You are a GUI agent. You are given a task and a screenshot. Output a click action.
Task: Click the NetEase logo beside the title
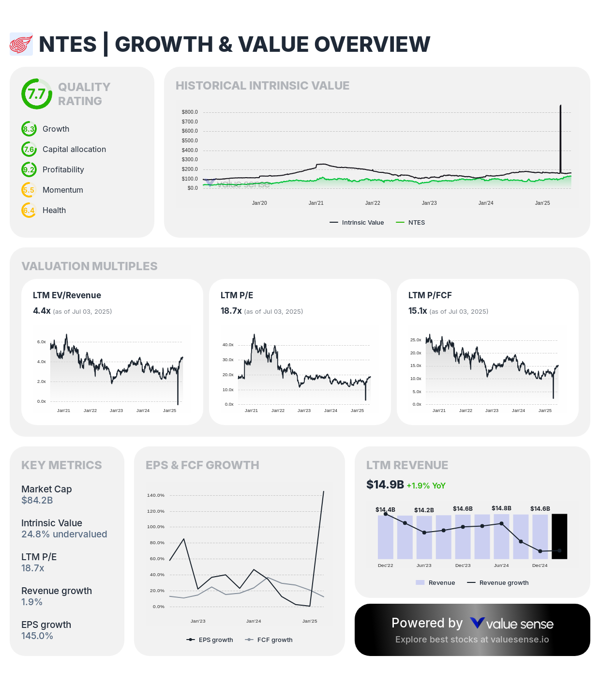(21, 45)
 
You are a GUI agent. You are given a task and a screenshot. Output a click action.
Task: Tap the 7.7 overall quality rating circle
(36, 94)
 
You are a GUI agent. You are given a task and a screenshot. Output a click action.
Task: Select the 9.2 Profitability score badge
(29, 170)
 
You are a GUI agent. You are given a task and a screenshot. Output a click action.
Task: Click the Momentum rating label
(63, 190)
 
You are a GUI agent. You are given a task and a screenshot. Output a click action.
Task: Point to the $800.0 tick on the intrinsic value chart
(190, 112)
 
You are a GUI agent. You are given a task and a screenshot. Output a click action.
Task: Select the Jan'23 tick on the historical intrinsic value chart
(429, 203)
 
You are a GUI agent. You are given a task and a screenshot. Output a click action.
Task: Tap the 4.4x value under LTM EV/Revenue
(42, 311)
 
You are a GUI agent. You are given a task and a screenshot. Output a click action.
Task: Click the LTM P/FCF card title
(430, 295)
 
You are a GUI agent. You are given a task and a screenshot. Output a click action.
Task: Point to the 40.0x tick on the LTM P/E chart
(228, 345)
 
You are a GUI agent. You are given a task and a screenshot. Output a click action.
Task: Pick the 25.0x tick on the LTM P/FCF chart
(416, 340)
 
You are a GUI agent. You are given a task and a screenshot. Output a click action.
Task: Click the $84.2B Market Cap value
(37, 501)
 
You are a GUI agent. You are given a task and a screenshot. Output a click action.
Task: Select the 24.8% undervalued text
(64, 534)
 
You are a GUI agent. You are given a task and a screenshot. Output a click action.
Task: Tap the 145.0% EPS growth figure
(37, 636)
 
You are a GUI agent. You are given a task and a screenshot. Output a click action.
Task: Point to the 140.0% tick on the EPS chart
(156, 496)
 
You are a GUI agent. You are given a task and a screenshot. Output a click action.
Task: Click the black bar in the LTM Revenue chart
(559, 536)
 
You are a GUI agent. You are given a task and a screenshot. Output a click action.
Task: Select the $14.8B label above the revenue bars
(501, 508)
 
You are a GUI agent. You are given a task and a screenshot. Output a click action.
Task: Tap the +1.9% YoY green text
(426, 486)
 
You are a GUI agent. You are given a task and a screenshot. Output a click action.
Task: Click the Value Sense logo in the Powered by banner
(512, 624)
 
